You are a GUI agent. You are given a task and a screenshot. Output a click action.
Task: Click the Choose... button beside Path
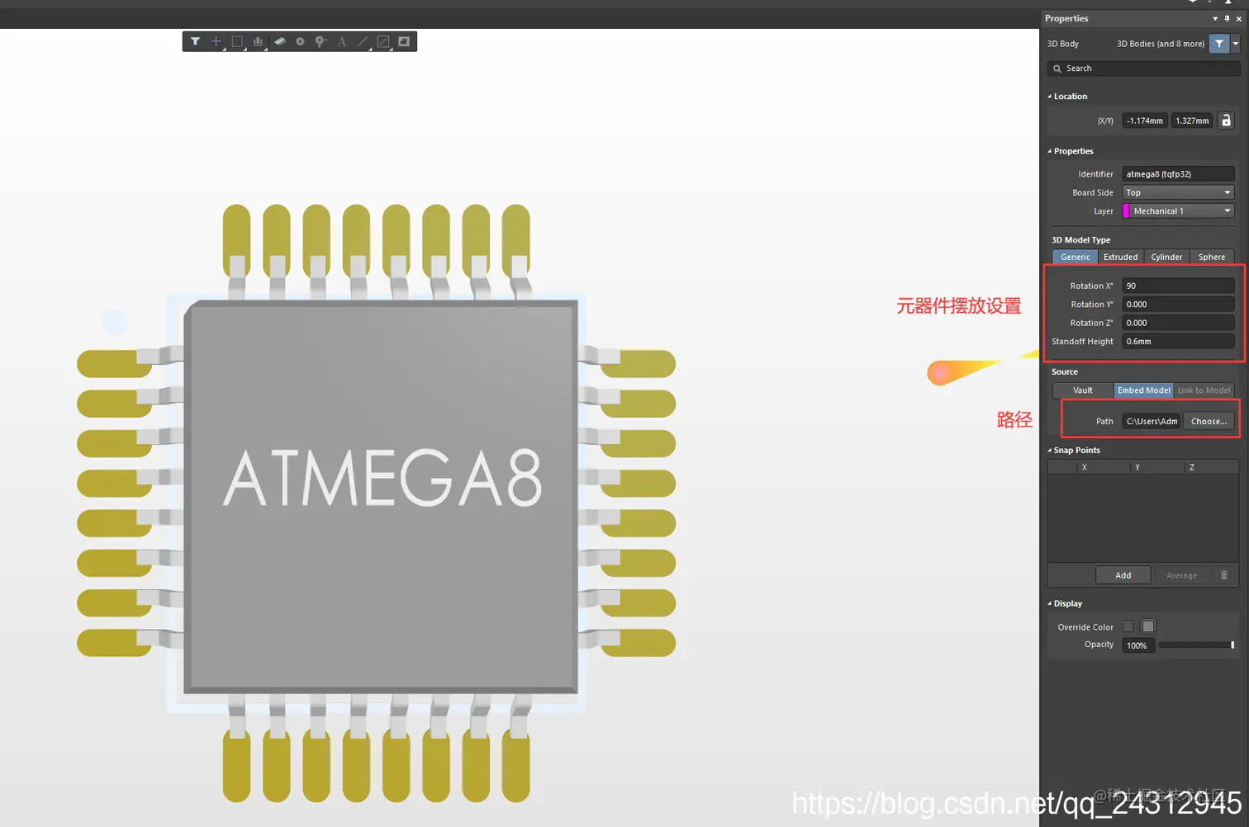click(x=1209, y=421)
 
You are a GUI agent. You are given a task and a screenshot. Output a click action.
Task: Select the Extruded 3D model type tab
click(x=1120, y=257)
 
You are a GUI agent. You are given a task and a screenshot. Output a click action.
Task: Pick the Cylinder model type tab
click(x=1166, y=257)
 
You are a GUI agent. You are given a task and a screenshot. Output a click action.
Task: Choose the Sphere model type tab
click(x=1211, y=257)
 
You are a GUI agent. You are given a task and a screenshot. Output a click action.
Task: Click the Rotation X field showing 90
click(x=1177, y=286)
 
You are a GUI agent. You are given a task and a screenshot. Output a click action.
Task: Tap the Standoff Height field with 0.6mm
click(x=1177, y=342)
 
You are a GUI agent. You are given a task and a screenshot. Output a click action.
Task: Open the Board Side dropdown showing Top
click(x=1178, y=192)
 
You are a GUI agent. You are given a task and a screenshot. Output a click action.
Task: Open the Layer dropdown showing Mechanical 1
click(x=1178, y=211)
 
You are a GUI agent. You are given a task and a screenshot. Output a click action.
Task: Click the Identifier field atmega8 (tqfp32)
click(x=1177, y=174)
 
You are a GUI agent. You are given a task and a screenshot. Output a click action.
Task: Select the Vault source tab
click(x=1082, y=390)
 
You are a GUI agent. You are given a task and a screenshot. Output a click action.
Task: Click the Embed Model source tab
click(x=1143, y=390)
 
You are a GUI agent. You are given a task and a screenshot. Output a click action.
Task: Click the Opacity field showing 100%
click(x=1137, y=645)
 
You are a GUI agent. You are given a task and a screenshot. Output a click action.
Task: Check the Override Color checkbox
click(x=1128, y=626)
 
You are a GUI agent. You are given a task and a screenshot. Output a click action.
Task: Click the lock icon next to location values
click(x=1226, y=121)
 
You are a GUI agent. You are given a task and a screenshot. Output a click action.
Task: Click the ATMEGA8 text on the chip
click(x=382, y=479)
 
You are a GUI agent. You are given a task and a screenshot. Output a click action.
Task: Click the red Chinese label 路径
click(x=1014, y=420)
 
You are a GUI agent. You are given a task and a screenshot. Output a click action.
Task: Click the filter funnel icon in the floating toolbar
click(x=195, y=41)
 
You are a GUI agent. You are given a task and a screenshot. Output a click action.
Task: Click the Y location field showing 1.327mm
click(x=1191, y=121)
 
